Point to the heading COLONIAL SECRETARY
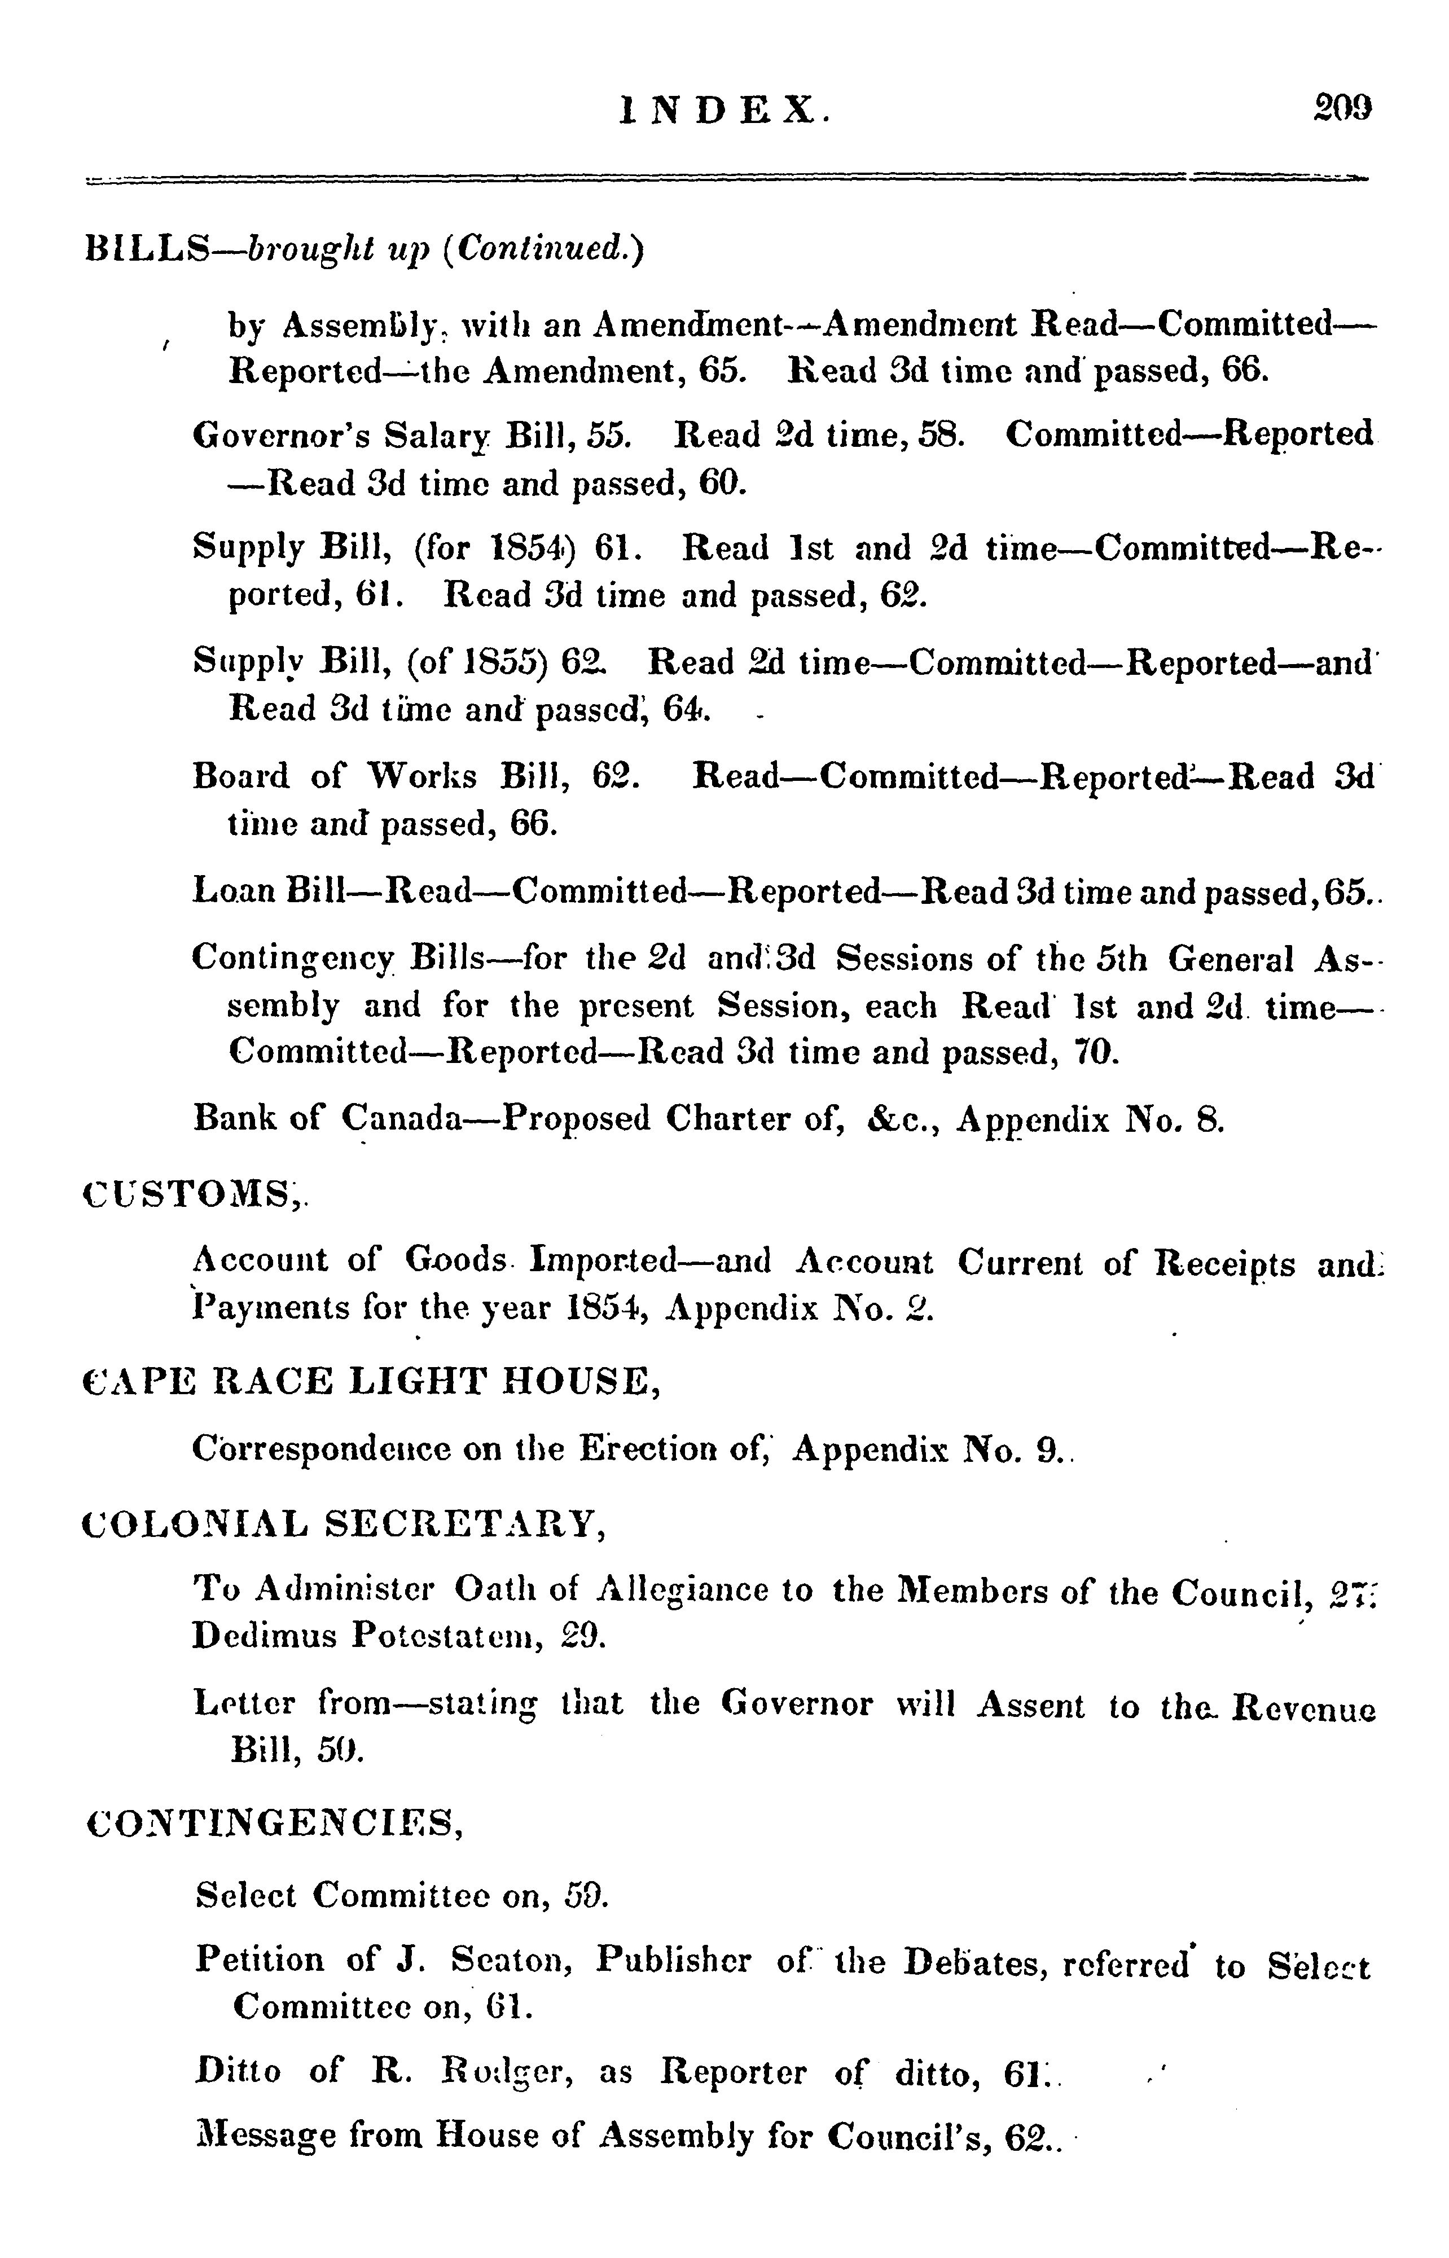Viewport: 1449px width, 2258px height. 344,1521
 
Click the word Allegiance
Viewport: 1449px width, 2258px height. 690,1589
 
